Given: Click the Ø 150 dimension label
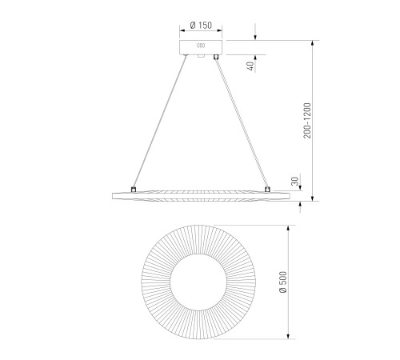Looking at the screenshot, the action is (201, 26).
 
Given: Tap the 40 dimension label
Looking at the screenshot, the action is (250, 66).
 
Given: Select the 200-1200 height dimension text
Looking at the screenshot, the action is (307, 121).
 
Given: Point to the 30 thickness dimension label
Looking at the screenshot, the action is (294, 182).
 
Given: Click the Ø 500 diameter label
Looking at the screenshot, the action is (283, 282).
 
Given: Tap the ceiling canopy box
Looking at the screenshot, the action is (201, 47).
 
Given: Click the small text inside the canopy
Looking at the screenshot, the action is (201, 46).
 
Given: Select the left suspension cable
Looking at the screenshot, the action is (159, 122).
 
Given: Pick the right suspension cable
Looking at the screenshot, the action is (242, 122).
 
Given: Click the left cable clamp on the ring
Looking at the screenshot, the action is (134, 190).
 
